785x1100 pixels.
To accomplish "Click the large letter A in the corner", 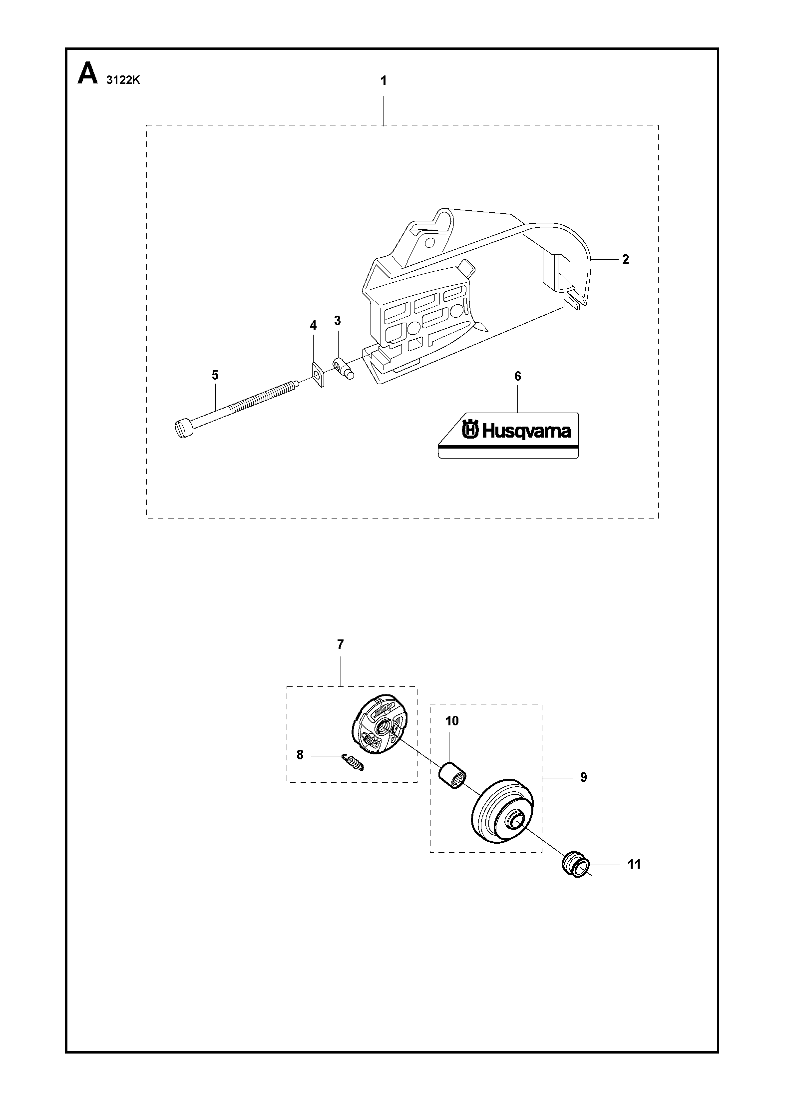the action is (88, 74).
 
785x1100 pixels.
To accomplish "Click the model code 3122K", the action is (123, 80).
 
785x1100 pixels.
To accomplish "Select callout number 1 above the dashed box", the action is (384, 80).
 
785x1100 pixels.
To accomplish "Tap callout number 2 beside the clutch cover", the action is (625, 259).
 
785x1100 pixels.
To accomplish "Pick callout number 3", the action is (338, 320).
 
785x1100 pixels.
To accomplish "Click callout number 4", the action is (313, 326).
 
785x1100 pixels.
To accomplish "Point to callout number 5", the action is (215, 375).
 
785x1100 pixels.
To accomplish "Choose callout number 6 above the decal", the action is (518, 376).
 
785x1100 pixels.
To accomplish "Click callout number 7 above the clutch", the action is (341, 645).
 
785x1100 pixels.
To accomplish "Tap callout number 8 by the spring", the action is (300, 755).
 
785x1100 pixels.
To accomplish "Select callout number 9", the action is (584, 777).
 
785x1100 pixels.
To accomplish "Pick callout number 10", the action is (452, 721).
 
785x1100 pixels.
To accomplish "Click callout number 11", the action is (634, 864).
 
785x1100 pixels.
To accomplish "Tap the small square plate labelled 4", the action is (318, 374).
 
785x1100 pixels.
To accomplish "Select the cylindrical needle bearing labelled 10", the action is (452, 776).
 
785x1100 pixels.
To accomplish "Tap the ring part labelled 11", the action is (575, 866).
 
